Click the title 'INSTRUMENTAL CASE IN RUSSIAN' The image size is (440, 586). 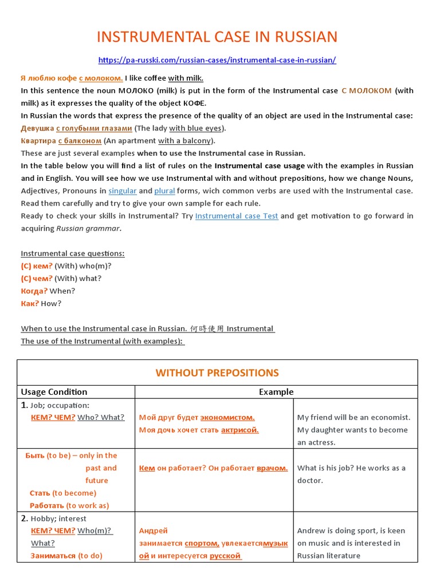(217, 37)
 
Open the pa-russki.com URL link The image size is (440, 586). (217, 60)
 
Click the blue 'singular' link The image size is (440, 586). (122, 191)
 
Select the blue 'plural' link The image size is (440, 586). (164, 191)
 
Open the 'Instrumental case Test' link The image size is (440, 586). (237, 216)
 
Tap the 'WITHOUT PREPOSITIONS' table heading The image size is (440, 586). (217, 373)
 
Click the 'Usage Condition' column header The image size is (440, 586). (54, 392)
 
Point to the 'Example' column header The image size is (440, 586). (276, 392)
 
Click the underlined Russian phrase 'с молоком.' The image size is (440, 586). (101, 78)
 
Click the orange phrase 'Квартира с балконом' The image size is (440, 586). (61, 141)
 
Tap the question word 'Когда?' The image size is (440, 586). (34, 291)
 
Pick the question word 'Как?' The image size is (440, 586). (30, 303)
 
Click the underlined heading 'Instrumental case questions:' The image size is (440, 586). (73, 254)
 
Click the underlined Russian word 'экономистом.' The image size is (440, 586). (227, 417)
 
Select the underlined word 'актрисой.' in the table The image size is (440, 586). (239, 430)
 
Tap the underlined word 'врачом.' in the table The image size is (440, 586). (272, 468)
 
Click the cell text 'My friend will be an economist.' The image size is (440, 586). (353, 417)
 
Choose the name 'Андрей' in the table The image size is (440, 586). (154, 530)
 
